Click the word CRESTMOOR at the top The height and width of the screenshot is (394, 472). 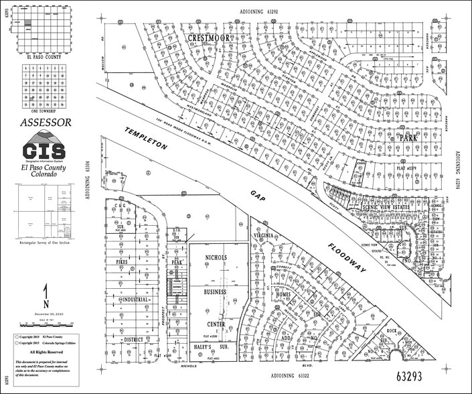pos(209,38)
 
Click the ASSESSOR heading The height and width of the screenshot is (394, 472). pos(46,123)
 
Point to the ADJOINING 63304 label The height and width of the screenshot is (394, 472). pos(89,180)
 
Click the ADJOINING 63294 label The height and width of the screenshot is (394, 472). pos(459,170)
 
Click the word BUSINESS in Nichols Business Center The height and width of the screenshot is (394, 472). pos(216,293)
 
